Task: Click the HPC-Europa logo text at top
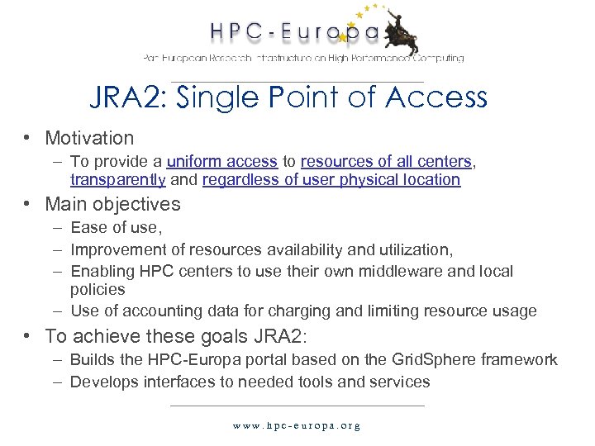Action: [293, 33]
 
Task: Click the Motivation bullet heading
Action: [89, 138]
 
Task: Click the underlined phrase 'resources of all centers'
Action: [386, 162]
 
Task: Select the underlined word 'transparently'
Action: [118, 179]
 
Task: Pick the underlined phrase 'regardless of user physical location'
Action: [331, 179]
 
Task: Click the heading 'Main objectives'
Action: [112, 204]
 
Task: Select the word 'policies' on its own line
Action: [98, 289]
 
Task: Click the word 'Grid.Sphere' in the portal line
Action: [446, 360]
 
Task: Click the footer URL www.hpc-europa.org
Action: [297, 426]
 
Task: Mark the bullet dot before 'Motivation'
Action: [28, 138]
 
